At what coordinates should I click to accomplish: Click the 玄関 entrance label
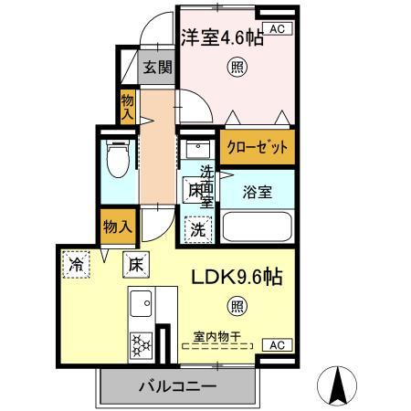click(155, 66)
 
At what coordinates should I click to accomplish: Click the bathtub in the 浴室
click(258, 226)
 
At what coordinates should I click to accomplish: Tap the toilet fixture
click(118, 162)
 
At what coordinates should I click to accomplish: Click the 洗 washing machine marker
click(197, 229)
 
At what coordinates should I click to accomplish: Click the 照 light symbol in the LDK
click(237, 305)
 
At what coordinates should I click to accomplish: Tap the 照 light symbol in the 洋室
click(237, 67)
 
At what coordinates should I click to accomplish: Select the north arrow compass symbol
click(336, 385)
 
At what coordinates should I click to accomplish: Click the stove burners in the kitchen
click(142, 343)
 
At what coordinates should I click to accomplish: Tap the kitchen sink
click(141, 303)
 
